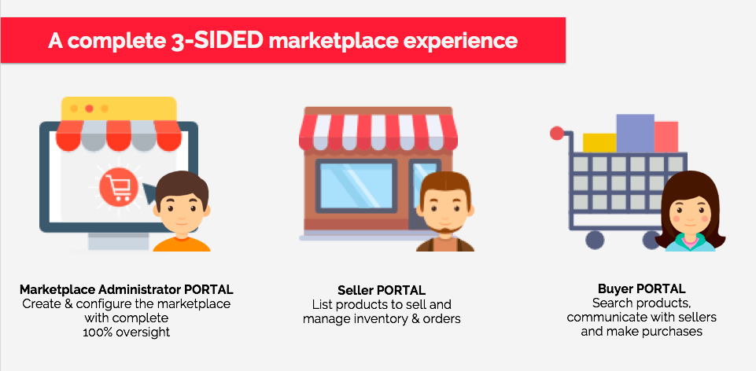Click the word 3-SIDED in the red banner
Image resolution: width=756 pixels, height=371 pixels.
tap(216, 41)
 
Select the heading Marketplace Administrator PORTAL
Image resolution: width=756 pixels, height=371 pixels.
tap(127, 289)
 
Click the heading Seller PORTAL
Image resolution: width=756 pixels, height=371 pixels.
tap(382, 290)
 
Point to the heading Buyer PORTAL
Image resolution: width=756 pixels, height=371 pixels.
tap(641, 288)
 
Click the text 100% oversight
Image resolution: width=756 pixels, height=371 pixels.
tap(127, 332)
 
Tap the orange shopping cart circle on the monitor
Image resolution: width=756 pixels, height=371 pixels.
tap(119, 186)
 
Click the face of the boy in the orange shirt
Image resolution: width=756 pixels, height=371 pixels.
tap(182, 210)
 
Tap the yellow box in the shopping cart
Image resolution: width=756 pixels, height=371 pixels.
tap(599, 142)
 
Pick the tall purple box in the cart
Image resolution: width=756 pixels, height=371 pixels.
tap(635, 133)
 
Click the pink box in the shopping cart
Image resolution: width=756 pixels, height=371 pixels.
tap(666, 137)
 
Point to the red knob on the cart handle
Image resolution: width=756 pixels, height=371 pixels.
tap(557, 133)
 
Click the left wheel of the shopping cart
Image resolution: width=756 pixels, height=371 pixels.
tap(595, 240)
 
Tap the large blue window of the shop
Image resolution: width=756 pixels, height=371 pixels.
tap(356, 185)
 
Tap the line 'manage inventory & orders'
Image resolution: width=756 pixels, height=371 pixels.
tap(382, 318)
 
